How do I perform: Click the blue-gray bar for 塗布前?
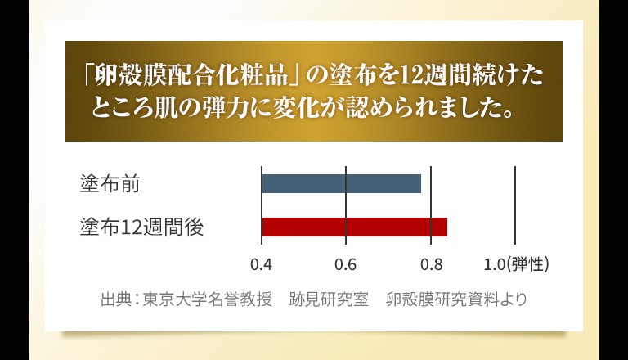pos(341,183)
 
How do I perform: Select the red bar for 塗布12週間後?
pos(354,227)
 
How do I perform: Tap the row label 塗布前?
pos(110,184)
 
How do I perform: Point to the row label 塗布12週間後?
pos(142,227)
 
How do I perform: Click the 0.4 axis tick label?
pos(261,265)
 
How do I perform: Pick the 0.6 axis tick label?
pos(346,265)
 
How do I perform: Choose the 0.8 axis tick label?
pos(432,265)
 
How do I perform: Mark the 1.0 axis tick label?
pos(495,265)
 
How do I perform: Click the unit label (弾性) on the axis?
pos(527,264)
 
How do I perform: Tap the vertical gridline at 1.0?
pos(515,205)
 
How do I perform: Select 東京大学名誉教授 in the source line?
pos(208,299)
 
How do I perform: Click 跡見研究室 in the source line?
pos(329,299)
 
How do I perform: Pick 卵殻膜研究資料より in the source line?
pos(456,299)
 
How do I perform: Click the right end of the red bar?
pos(447,227)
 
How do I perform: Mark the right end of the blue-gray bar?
pos(421,183)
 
